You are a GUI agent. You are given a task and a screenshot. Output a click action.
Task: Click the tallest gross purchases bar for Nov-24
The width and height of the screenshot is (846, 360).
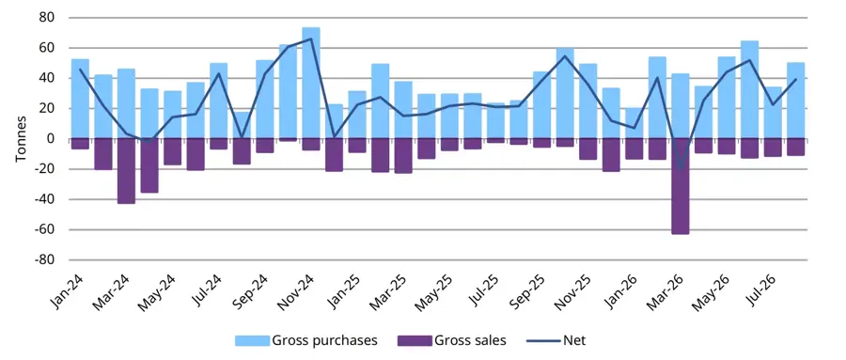[311, 83]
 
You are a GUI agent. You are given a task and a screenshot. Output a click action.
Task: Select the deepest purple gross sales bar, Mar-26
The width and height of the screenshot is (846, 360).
[681, 186]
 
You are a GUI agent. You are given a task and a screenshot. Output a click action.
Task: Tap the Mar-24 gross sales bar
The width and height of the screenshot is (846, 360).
[126, 171]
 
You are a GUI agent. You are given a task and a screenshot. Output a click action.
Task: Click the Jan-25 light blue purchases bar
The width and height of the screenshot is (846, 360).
[357, 115]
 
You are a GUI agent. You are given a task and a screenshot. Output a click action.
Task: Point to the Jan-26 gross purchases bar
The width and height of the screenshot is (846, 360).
[634, 123]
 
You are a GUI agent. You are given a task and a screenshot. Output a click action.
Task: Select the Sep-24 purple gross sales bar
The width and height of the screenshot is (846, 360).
[265, 146]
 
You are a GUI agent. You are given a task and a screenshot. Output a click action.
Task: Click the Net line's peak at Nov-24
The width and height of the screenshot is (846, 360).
[311, 39]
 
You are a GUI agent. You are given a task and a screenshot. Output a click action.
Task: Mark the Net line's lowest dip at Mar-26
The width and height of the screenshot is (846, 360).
[681, 168]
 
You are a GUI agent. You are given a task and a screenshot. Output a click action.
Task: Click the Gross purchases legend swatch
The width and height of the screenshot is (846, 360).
[252, 340]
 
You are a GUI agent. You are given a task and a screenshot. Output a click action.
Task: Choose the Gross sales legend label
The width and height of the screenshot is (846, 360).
[471, 340]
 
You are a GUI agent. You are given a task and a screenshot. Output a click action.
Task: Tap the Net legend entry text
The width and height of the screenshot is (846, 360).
[574, 340]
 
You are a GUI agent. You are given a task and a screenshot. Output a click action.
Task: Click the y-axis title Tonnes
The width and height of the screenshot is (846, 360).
[21, 139]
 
